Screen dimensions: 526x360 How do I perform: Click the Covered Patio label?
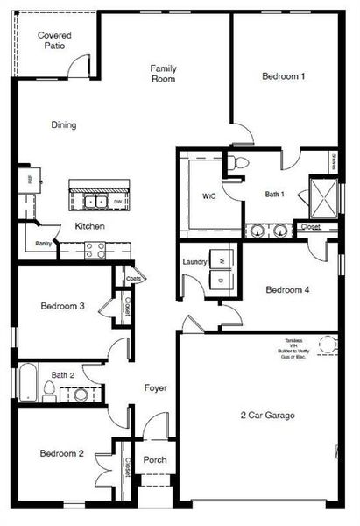[53, 41]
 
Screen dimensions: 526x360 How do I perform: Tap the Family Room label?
[164, 73]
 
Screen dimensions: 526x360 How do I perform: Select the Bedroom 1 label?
[283, 76]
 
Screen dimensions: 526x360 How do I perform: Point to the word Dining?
[63, 125]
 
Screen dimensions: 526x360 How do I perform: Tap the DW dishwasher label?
[117, 202]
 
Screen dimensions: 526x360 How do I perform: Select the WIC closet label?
[208, 195]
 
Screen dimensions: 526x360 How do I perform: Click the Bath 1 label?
[277, 195]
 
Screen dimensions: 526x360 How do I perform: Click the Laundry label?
[194, 262]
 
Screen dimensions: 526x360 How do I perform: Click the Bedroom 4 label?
[287, 288]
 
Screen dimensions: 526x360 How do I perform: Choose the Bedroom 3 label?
[61, 307]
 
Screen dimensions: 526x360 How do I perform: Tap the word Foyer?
[156, 387]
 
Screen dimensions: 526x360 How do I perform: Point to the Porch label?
[155, 460]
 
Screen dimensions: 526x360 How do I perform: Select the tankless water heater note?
[293, 347]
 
